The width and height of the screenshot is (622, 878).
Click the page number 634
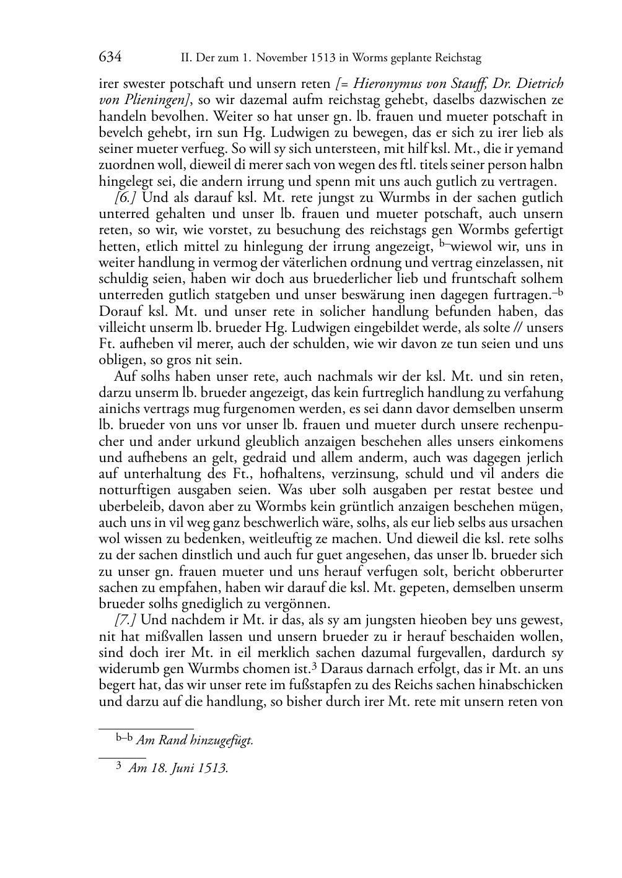point(110,58)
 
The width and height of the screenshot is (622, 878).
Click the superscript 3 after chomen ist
point(315,666)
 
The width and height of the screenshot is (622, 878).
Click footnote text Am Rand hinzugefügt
point(195,741)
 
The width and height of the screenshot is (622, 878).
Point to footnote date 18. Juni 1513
point(186,769)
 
